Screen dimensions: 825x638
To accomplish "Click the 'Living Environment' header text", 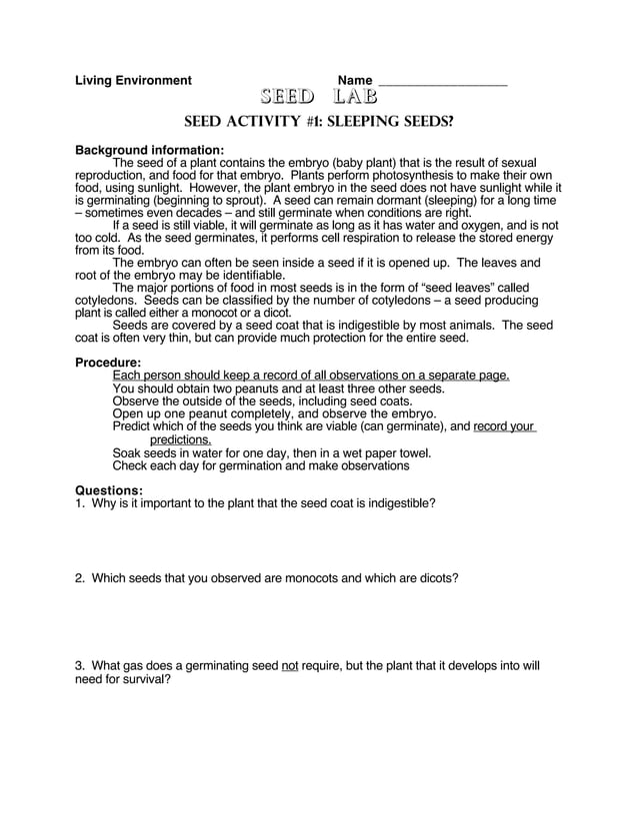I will (x=133, y=81).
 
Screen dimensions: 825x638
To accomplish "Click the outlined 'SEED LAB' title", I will (x=319, y=97).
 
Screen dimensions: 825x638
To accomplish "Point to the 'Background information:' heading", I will (x=150, y=150).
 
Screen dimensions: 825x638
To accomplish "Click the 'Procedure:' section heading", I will (x=108, y=362).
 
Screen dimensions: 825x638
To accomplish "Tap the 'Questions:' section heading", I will (x=109, y=489).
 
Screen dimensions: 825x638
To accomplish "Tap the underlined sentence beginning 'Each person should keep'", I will (x=311, y=376).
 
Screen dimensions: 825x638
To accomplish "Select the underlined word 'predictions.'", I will (x=180, y=439).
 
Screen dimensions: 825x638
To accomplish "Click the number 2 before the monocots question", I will (x=79, y=578).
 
